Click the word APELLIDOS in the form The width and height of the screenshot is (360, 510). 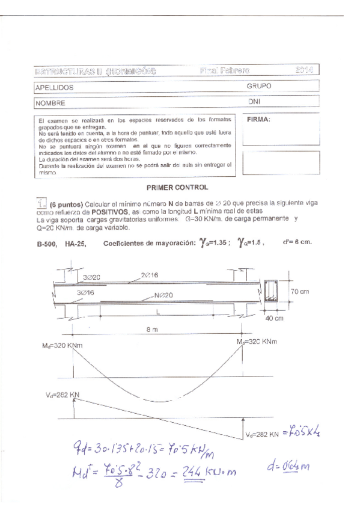point(55,88)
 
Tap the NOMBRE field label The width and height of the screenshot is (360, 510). point(51,103)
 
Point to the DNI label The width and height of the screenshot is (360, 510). point(254,102)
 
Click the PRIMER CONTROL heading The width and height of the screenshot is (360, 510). point(180,188)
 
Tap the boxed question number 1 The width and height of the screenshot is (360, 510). point(41,204)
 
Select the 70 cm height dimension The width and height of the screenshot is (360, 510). point(302,290)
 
